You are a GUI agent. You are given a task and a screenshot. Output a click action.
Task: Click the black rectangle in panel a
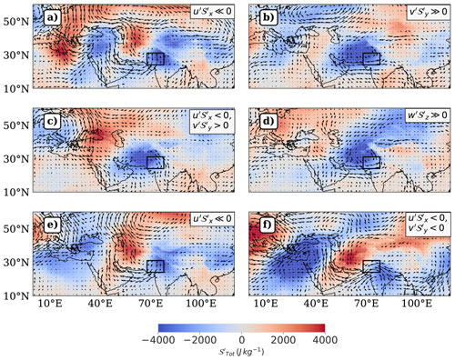coord(156,59)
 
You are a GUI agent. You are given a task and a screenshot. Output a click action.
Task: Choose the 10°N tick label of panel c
coord(15,192)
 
